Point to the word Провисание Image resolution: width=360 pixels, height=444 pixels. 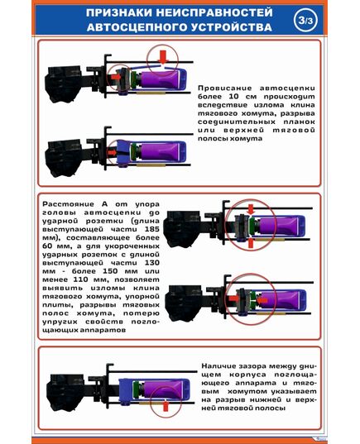coord(219,86)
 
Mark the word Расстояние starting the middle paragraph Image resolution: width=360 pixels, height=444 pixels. coord(66,203)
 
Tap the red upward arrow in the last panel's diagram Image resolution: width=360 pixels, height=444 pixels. coord(164,406)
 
